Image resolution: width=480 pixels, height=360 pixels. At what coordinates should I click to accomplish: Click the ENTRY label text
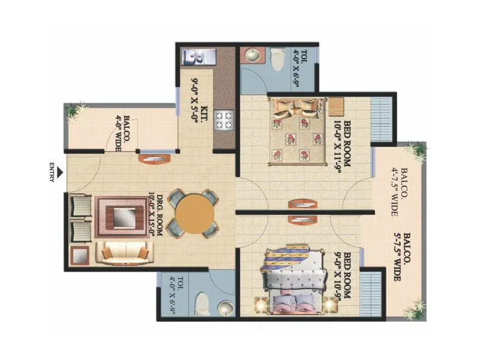pos(52,172)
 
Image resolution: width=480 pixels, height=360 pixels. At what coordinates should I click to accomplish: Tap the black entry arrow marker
pos(61,172)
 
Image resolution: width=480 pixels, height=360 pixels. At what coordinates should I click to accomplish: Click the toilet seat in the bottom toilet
pos(201,302)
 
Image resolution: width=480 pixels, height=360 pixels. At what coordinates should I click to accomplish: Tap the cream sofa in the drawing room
pos(125,253)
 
